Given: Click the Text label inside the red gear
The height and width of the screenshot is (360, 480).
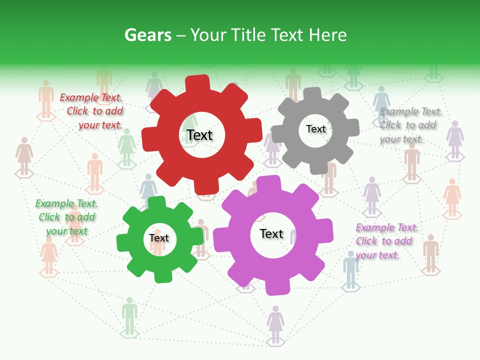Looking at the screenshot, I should [199, 135].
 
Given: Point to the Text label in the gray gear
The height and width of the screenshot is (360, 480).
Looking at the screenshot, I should [315, 129].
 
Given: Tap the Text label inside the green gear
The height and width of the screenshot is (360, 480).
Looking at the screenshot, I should [158, 238].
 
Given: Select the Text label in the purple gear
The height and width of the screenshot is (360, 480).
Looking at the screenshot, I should [271, 233].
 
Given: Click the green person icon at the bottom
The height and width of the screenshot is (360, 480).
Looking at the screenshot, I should [129, 315].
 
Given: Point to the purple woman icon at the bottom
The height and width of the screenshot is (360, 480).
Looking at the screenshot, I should [275, 322].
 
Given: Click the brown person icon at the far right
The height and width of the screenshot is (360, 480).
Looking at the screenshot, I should [430, 252].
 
